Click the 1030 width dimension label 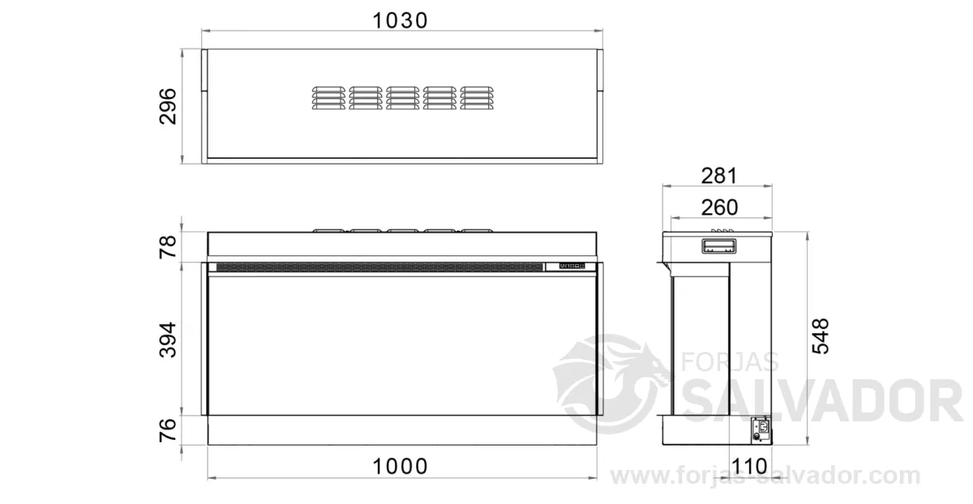tap(400, 20)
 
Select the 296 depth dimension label tap(168, 106)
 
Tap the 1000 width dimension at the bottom tap(400, 467)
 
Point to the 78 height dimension tap(168, 246)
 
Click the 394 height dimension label tap(168, 340)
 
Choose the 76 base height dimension tap(168, 429)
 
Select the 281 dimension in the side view tap(719, 176)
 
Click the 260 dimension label tap(719, 207)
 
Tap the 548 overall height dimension tap(821, 336)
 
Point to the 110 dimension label tap(749, 467)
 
